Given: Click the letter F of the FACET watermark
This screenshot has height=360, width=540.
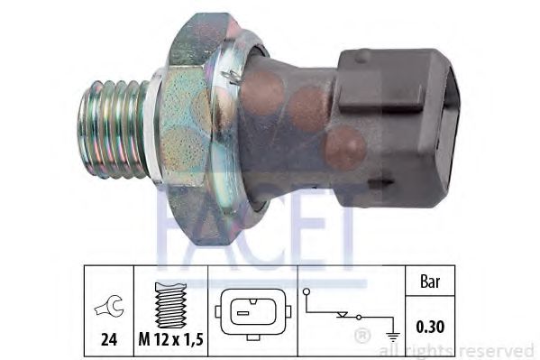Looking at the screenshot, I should (171, 230).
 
